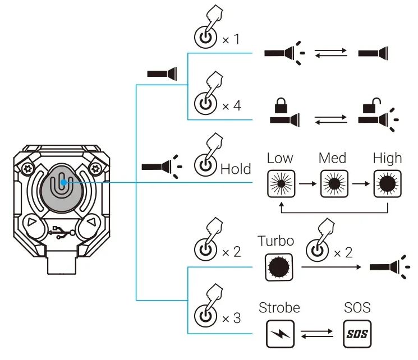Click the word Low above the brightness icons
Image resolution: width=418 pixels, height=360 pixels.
(280, 158)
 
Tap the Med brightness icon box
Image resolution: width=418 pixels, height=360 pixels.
(332, 183)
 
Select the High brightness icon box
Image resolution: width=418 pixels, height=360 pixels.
(387, 183)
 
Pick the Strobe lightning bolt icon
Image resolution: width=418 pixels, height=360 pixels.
(279, 334)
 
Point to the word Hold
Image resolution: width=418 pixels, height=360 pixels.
(236, 169)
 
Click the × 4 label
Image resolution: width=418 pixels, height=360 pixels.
(231, 105)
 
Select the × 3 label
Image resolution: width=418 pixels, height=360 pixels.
(231, 318)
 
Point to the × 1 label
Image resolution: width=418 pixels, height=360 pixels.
(231, 40)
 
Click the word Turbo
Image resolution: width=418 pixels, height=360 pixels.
(275, 241)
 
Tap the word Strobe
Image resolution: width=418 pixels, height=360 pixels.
(279, 308)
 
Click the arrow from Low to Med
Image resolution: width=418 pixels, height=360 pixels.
(306, 183)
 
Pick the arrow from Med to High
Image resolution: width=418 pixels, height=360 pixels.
(360, 183)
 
